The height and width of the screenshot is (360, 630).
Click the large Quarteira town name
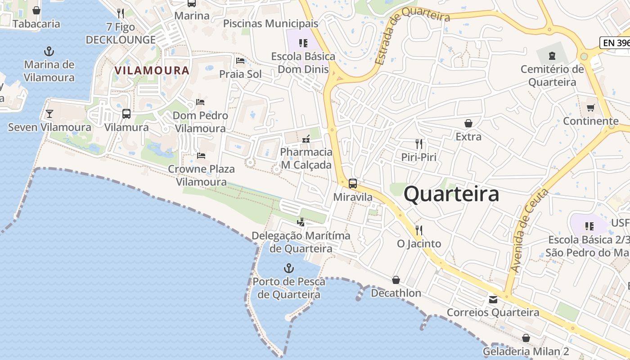[451, 194]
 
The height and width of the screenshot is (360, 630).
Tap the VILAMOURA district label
[152, 71]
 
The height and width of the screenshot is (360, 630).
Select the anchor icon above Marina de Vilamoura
[49, 51]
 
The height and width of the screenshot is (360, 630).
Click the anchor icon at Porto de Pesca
[288, 269]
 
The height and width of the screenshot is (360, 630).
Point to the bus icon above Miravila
[353, 184]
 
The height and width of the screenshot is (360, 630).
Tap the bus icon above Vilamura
[126, 114]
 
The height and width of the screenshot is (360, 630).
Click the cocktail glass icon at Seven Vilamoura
[49, 114]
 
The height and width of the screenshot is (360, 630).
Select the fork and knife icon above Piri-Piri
[419, 144]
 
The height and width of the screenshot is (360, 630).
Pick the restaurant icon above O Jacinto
[419, 230]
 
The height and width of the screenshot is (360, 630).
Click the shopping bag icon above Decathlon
[396, 280]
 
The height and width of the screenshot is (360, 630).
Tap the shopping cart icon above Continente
[590, 108]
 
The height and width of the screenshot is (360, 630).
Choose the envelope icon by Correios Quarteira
[493, 299]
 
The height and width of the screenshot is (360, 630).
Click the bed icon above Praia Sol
[240, 61]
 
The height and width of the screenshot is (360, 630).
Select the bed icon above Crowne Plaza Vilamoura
[201, 156]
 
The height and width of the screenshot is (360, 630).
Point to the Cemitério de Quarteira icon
[552, 56]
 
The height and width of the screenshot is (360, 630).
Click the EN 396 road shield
[615, 43]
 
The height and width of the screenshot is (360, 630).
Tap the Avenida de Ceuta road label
[529, 230]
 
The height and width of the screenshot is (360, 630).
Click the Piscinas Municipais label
[270, 23]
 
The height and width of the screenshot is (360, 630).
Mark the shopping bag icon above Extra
[468, 123]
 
